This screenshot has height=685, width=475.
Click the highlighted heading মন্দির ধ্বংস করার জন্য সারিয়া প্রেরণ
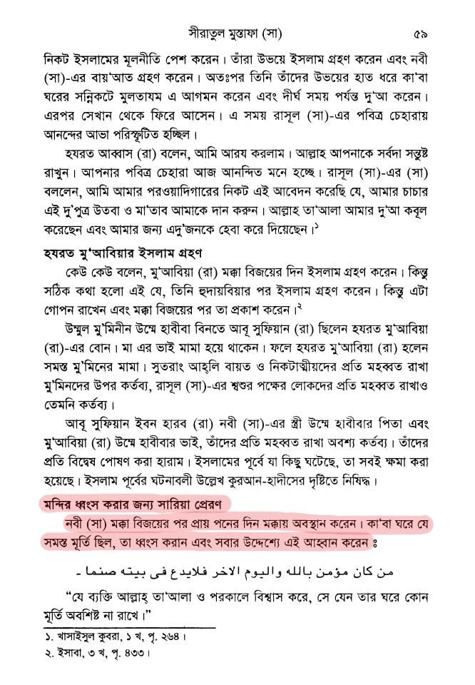132,505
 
